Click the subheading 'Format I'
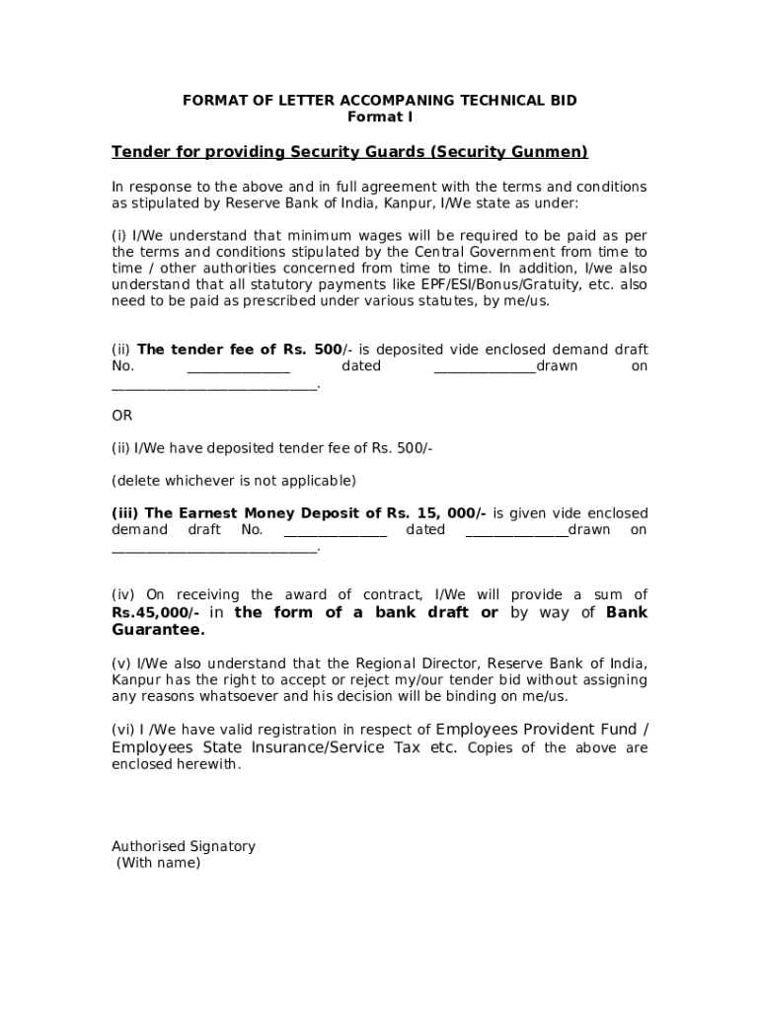(x=380, y=117)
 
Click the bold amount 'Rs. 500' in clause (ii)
(x=314, y=350)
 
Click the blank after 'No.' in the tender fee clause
(x=239, y=367)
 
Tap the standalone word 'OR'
(x=121, y=416)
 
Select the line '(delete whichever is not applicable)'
(x=234, y=481)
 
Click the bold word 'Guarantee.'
(x=158, y=629)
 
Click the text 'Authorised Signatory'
(x=184, y=846)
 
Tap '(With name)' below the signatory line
(x=158, y=863)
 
